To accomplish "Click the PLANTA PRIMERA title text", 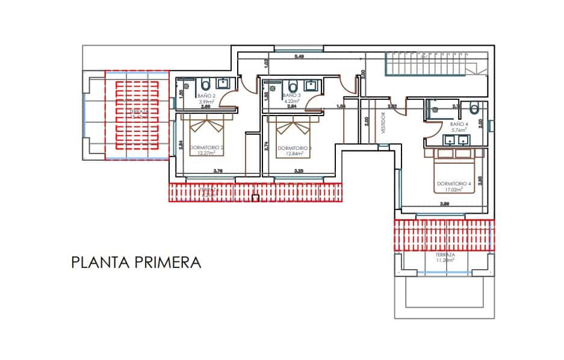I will point(135,262).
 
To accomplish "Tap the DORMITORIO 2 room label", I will point(206,147).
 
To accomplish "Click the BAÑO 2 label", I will point(206,96).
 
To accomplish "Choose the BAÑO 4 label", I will point(459,123).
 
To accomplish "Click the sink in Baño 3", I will point(312,84).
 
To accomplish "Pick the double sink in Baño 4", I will point(454,140).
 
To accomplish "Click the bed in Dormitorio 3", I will point(291,128).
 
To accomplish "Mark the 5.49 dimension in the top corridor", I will point(299,57).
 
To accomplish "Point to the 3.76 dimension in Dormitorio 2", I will point(219,171).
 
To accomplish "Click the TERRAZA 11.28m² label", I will point(445,258).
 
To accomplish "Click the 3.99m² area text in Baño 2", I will point(206,102).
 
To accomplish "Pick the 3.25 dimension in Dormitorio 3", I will point(299,171).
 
